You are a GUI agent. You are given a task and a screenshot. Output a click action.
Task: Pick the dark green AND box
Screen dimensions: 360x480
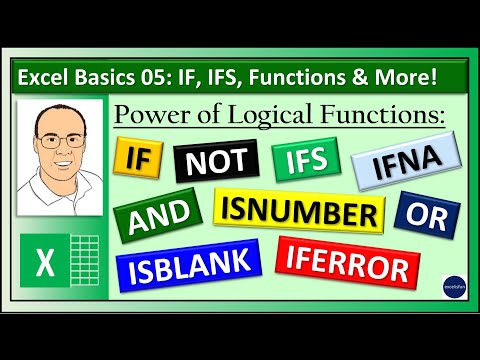click(159, 214)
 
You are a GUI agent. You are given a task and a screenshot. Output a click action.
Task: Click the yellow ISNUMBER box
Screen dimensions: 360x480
click(297, 212)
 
